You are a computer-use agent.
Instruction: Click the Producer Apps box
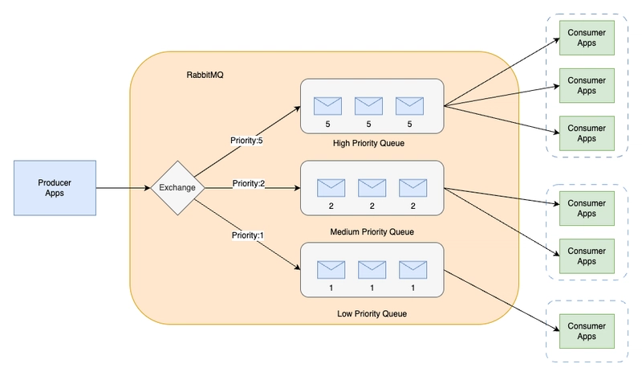(x=55, y=188)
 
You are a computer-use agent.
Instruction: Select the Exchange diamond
(x=177, y=188)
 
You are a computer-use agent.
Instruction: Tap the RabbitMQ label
(x=205, y=75)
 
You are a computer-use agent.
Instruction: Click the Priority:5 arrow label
(x=246, y=141)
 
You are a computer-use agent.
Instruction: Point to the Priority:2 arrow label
(x=249, y=183)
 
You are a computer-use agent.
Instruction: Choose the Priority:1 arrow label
(x=248, y=235)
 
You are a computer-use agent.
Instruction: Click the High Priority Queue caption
(x=368, y=143)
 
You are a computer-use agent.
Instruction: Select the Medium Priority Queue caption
(x=372, y=231)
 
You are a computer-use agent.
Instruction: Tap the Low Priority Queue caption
(x=372, y=313)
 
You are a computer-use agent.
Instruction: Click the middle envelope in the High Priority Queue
(x=368, y=106)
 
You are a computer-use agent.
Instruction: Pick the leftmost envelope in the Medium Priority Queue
(x=331, y=188)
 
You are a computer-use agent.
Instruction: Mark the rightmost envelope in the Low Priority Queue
(x=412, y=270)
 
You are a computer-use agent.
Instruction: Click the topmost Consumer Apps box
(x=587, y=38)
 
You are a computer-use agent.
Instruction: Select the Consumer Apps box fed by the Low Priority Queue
(x=587, y=331)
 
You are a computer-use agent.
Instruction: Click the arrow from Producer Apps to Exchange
(x=124, y=188)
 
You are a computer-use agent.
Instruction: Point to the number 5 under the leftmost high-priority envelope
(x=327, y=124)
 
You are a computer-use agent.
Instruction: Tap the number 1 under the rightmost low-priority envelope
(x=412, y=288)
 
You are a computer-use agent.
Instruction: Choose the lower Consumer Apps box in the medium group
(x=587, y=256)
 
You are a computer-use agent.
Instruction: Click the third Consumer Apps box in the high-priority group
(x=587, y=133)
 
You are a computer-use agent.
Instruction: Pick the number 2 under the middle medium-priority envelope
(x=372, y=206)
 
